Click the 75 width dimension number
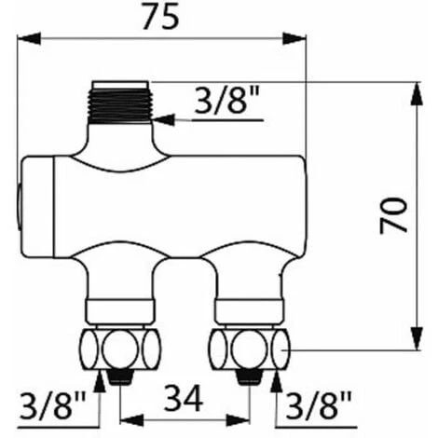[160, 17]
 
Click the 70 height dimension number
[394, 215]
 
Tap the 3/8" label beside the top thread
[226, 100]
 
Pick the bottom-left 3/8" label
[53, 404]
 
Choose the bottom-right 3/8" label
[319, 404]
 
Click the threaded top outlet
[120, 103]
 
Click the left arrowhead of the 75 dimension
[29, 39]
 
